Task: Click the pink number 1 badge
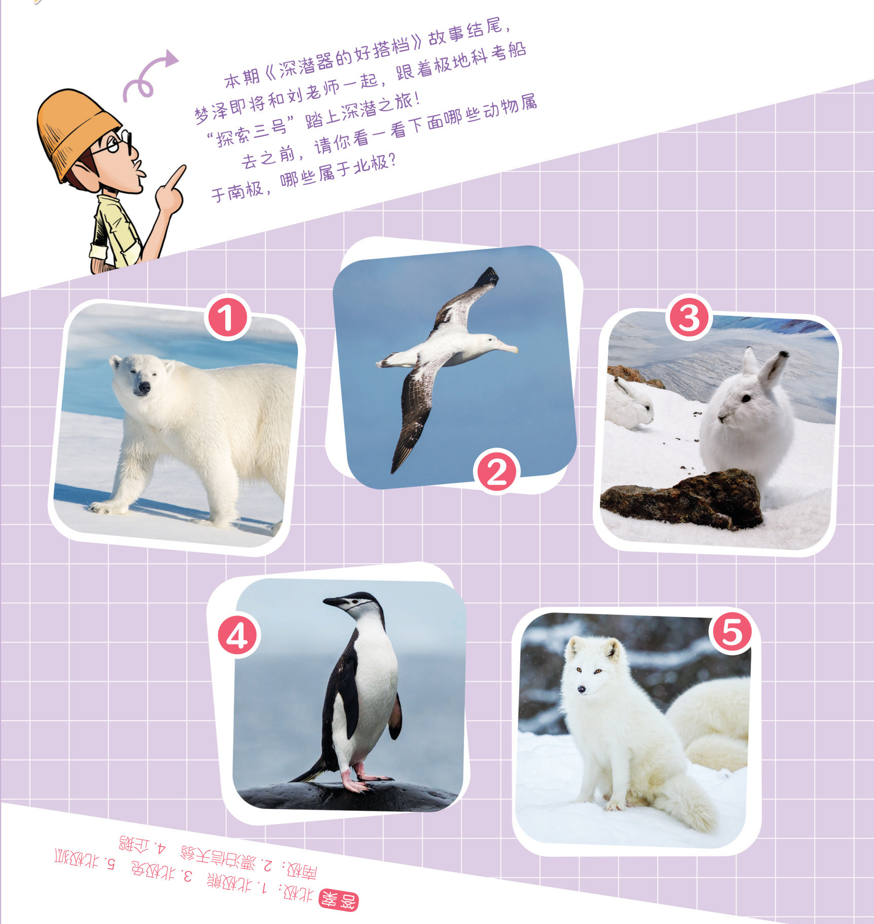click(227, 319)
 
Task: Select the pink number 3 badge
click(689, 318)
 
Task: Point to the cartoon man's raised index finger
click(175, 178)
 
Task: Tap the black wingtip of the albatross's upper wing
click(488, 278)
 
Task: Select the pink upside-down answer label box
click(339, 901)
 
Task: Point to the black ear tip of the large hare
click(784, 354)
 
